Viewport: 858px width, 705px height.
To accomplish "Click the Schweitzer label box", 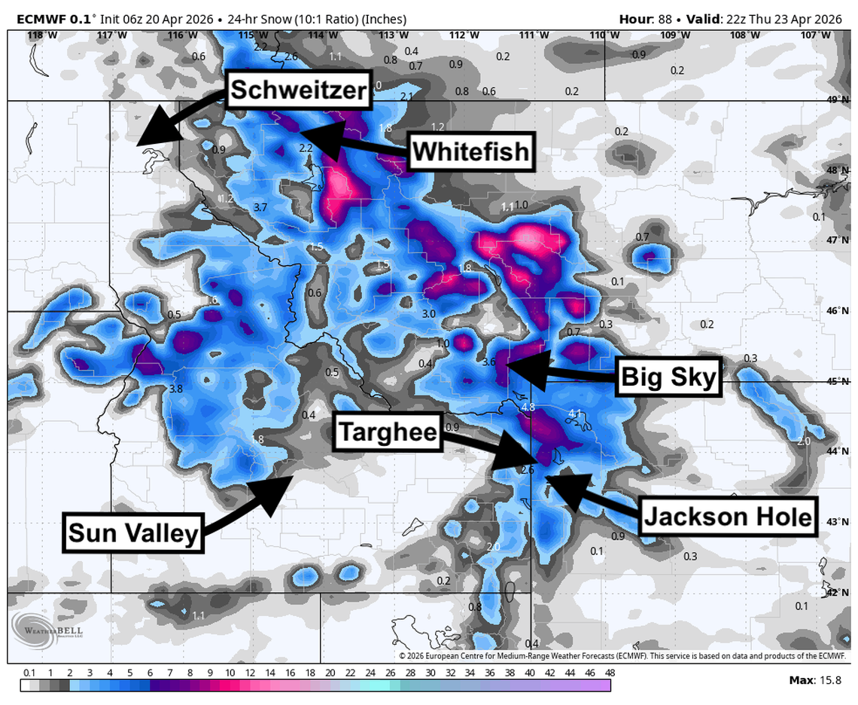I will [x=298, y=90].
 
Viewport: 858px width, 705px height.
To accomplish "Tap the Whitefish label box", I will [x=471, y=153].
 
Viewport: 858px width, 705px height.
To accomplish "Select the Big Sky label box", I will [x=668, y=377].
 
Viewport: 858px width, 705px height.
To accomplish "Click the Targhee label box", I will [x=388, y=432].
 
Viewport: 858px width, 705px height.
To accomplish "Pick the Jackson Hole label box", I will [x=728, y=517].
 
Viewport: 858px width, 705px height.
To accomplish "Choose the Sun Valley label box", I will [x=133, y=533].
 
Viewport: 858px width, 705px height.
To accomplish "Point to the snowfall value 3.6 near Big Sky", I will [x=488, y=362].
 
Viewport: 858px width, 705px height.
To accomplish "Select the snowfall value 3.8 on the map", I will [x=176, y=389].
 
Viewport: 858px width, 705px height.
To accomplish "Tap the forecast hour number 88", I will [x=659, y=19].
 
